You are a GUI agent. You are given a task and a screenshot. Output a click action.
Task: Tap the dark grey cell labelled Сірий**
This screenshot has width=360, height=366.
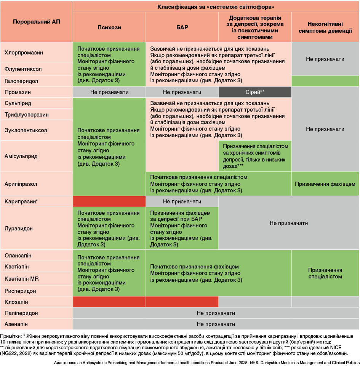(x=255, y=92)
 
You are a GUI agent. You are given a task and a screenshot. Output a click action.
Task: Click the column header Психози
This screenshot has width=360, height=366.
(x=109, y=27)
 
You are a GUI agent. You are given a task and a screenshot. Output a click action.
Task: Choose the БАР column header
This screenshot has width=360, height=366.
(x=182, y=27)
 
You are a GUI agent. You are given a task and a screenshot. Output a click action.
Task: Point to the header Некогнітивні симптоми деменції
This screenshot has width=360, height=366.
(x=325, y=27)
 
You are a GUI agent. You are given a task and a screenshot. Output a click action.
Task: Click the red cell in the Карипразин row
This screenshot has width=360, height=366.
(x=109, y=201)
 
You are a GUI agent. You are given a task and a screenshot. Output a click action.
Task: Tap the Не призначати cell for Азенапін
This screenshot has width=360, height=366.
(x=216, y=324)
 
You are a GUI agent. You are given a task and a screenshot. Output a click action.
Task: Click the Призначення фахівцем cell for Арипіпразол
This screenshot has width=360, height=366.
(x=325, y=184)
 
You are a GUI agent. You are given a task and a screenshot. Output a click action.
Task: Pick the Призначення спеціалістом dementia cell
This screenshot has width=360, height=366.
(x=325, y=273)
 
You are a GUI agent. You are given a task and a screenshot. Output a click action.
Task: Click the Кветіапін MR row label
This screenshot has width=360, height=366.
(x=22, y=279)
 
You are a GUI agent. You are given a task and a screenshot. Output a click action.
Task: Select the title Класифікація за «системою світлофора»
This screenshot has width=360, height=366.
(x=216, y=7)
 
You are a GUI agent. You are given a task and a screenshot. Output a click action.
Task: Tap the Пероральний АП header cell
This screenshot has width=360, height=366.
(x=37, y=22)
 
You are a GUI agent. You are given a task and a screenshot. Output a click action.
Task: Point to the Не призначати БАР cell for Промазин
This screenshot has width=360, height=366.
(x=182, y=92)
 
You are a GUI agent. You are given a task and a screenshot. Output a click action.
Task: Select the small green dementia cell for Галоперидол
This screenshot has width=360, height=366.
(x=325, y=81)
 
